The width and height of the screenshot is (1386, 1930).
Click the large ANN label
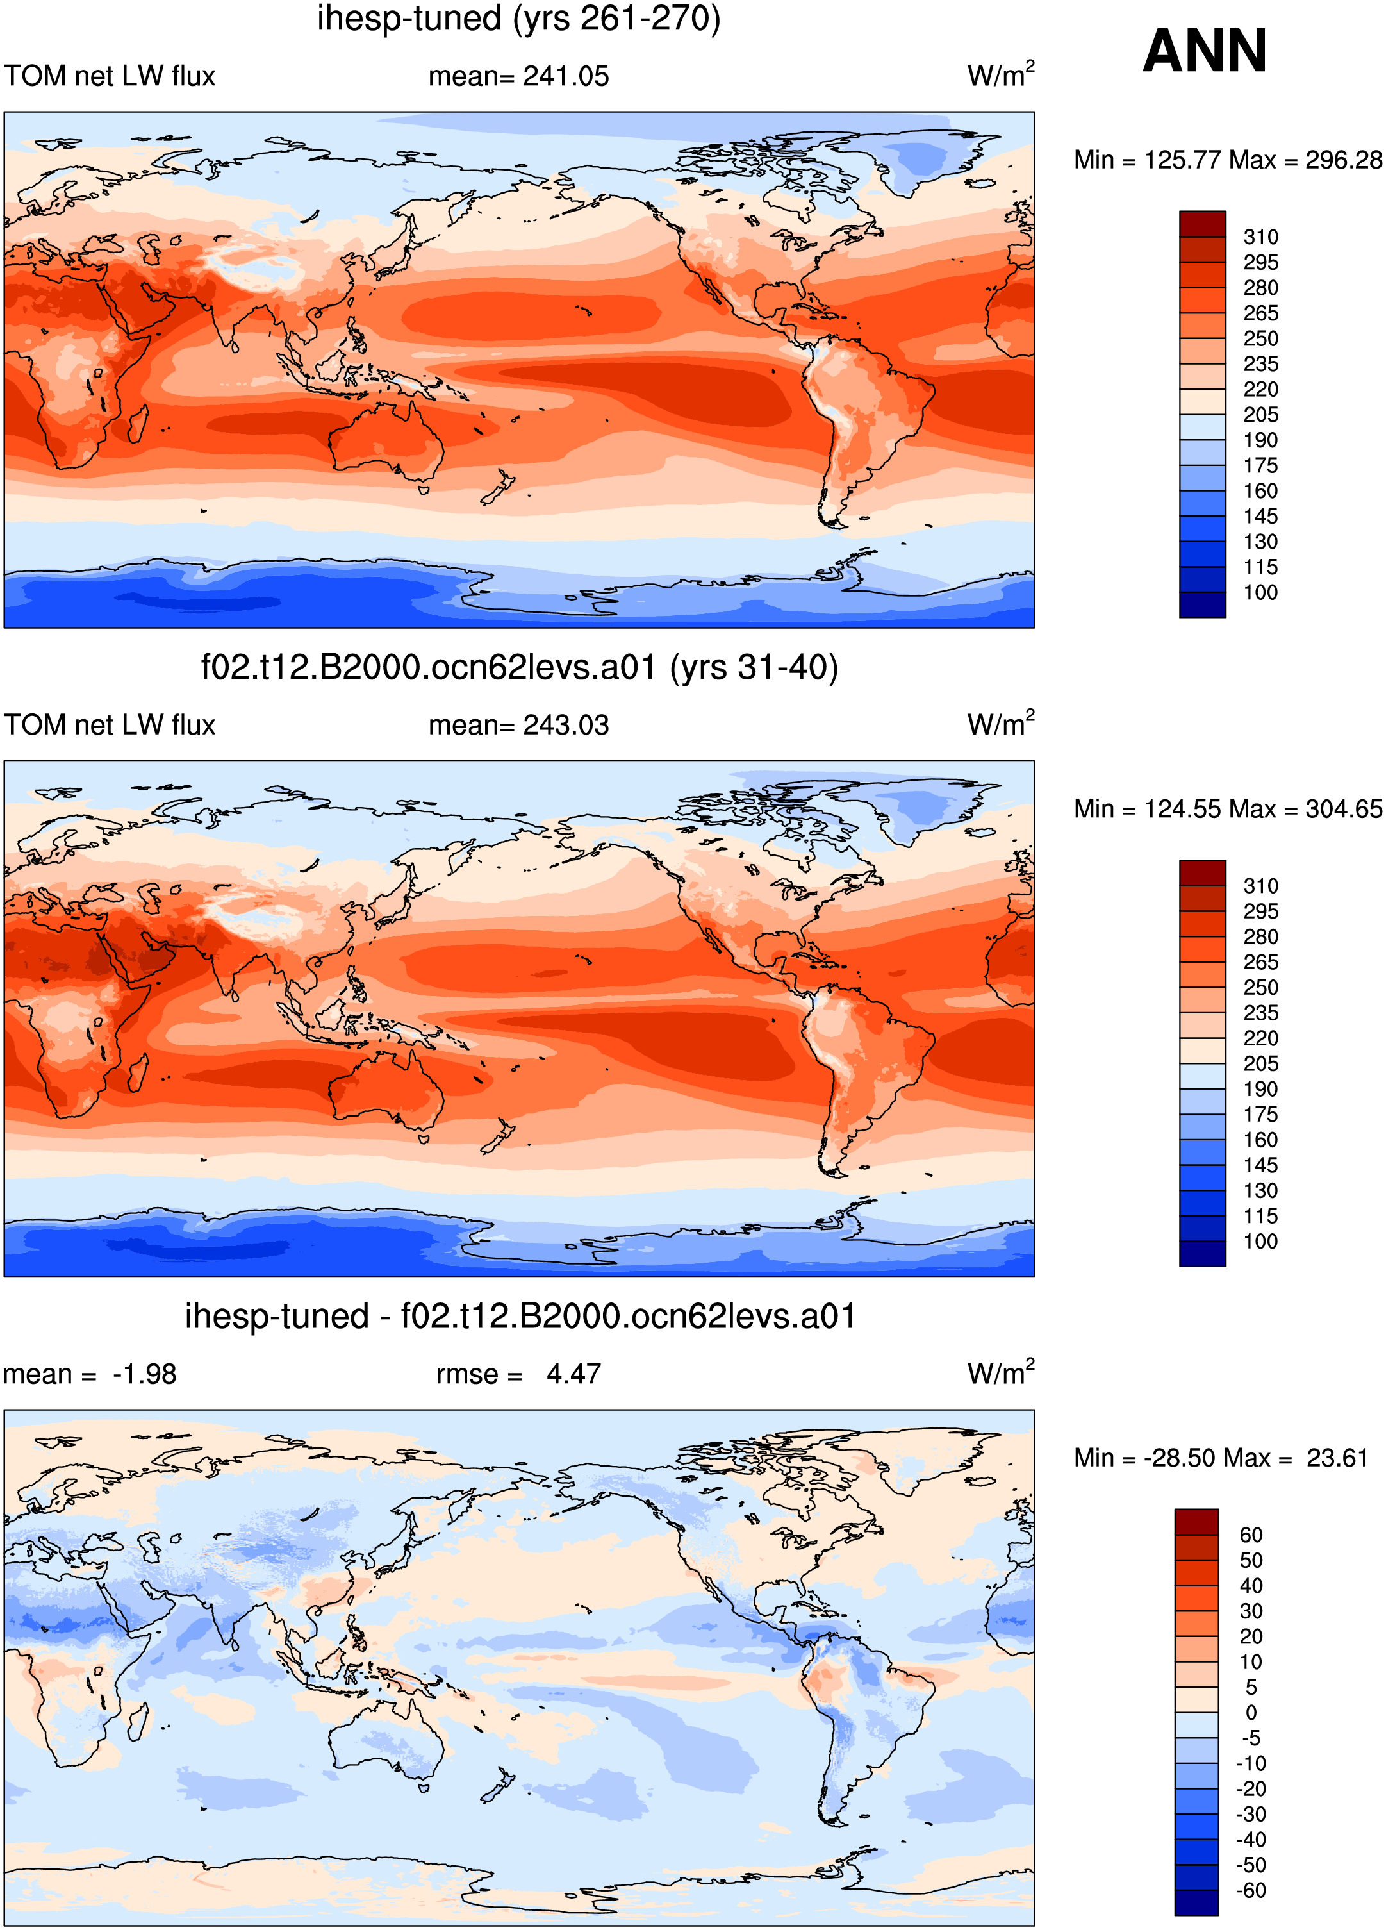tap(1204, 51)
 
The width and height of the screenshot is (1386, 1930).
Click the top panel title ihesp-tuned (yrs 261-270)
tap(519, 18)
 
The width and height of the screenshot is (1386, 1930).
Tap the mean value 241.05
tap(566, 76)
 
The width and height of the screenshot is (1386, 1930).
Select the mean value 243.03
tap(566, 725)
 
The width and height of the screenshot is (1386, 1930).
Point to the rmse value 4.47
tap(573, 1374)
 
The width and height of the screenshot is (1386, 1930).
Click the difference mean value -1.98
tap(145, 1374)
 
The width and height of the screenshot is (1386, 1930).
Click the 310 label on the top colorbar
tap(1260, 237)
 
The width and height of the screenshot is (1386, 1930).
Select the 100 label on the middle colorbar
tap(1260, 1242)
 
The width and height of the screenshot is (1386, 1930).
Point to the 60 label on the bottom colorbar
tap(1251, 1535)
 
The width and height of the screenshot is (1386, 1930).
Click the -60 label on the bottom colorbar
tap(1251, 1890)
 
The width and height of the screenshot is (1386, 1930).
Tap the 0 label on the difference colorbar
tap(1251, 1712)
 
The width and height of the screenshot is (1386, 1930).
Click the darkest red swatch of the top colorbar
tap(1202, 224)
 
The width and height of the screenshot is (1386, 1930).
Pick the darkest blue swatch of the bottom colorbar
tap(1197, 1902)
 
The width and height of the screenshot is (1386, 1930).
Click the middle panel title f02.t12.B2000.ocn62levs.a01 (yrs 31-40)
tap(519, 667)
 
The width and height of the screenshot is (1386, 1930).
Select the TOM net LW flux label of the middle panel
tap(110, 725)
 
